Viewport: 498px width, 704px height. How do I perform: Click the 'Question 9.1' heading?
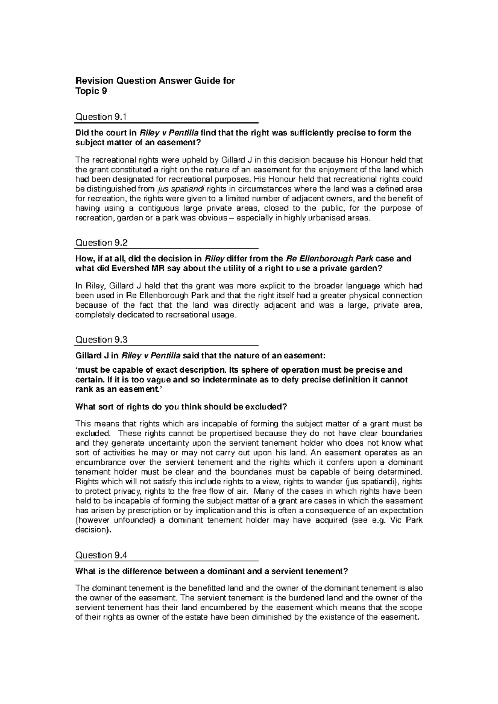click(100, 117)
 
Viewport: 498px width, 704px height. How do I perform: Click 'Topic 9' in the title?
click(90, 92)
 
